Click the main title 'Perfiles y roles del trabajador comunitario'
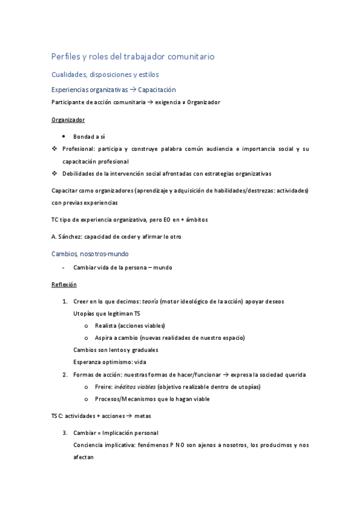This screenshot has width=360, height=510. pyautogui.click(x=133, y=57)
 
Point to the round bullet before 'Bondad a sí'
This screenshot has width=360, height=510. pyautogui.click(x=64, y=137)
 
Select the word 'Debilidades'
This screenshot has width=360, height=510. pyautogui.click(x=80, y=174)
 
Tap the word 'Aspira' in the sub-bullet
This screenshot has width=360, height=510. pyautogui.click(x=103, y=338)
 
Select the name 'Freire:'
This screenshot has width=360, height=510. pyautogui.click(x=104, y=387)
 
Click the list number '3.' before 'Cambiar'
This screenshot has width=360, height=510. pyautogui.click(x=65, y=432)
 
